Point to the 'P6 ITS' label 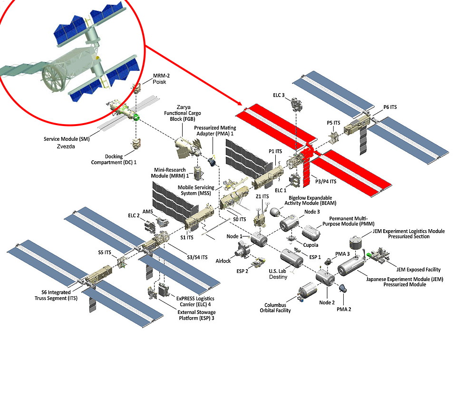click(390, 107)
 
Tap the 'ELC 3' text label click(279, 95)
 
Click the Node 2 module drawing click(325, 277)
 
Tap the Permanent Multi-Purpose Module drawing click(313, 233)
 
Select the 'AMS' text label click(147, 211)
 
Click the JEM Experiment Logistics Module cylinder click(355, 243)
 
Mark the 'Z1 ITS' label click(262, 196)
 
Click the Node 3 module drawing click(289, 222)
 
